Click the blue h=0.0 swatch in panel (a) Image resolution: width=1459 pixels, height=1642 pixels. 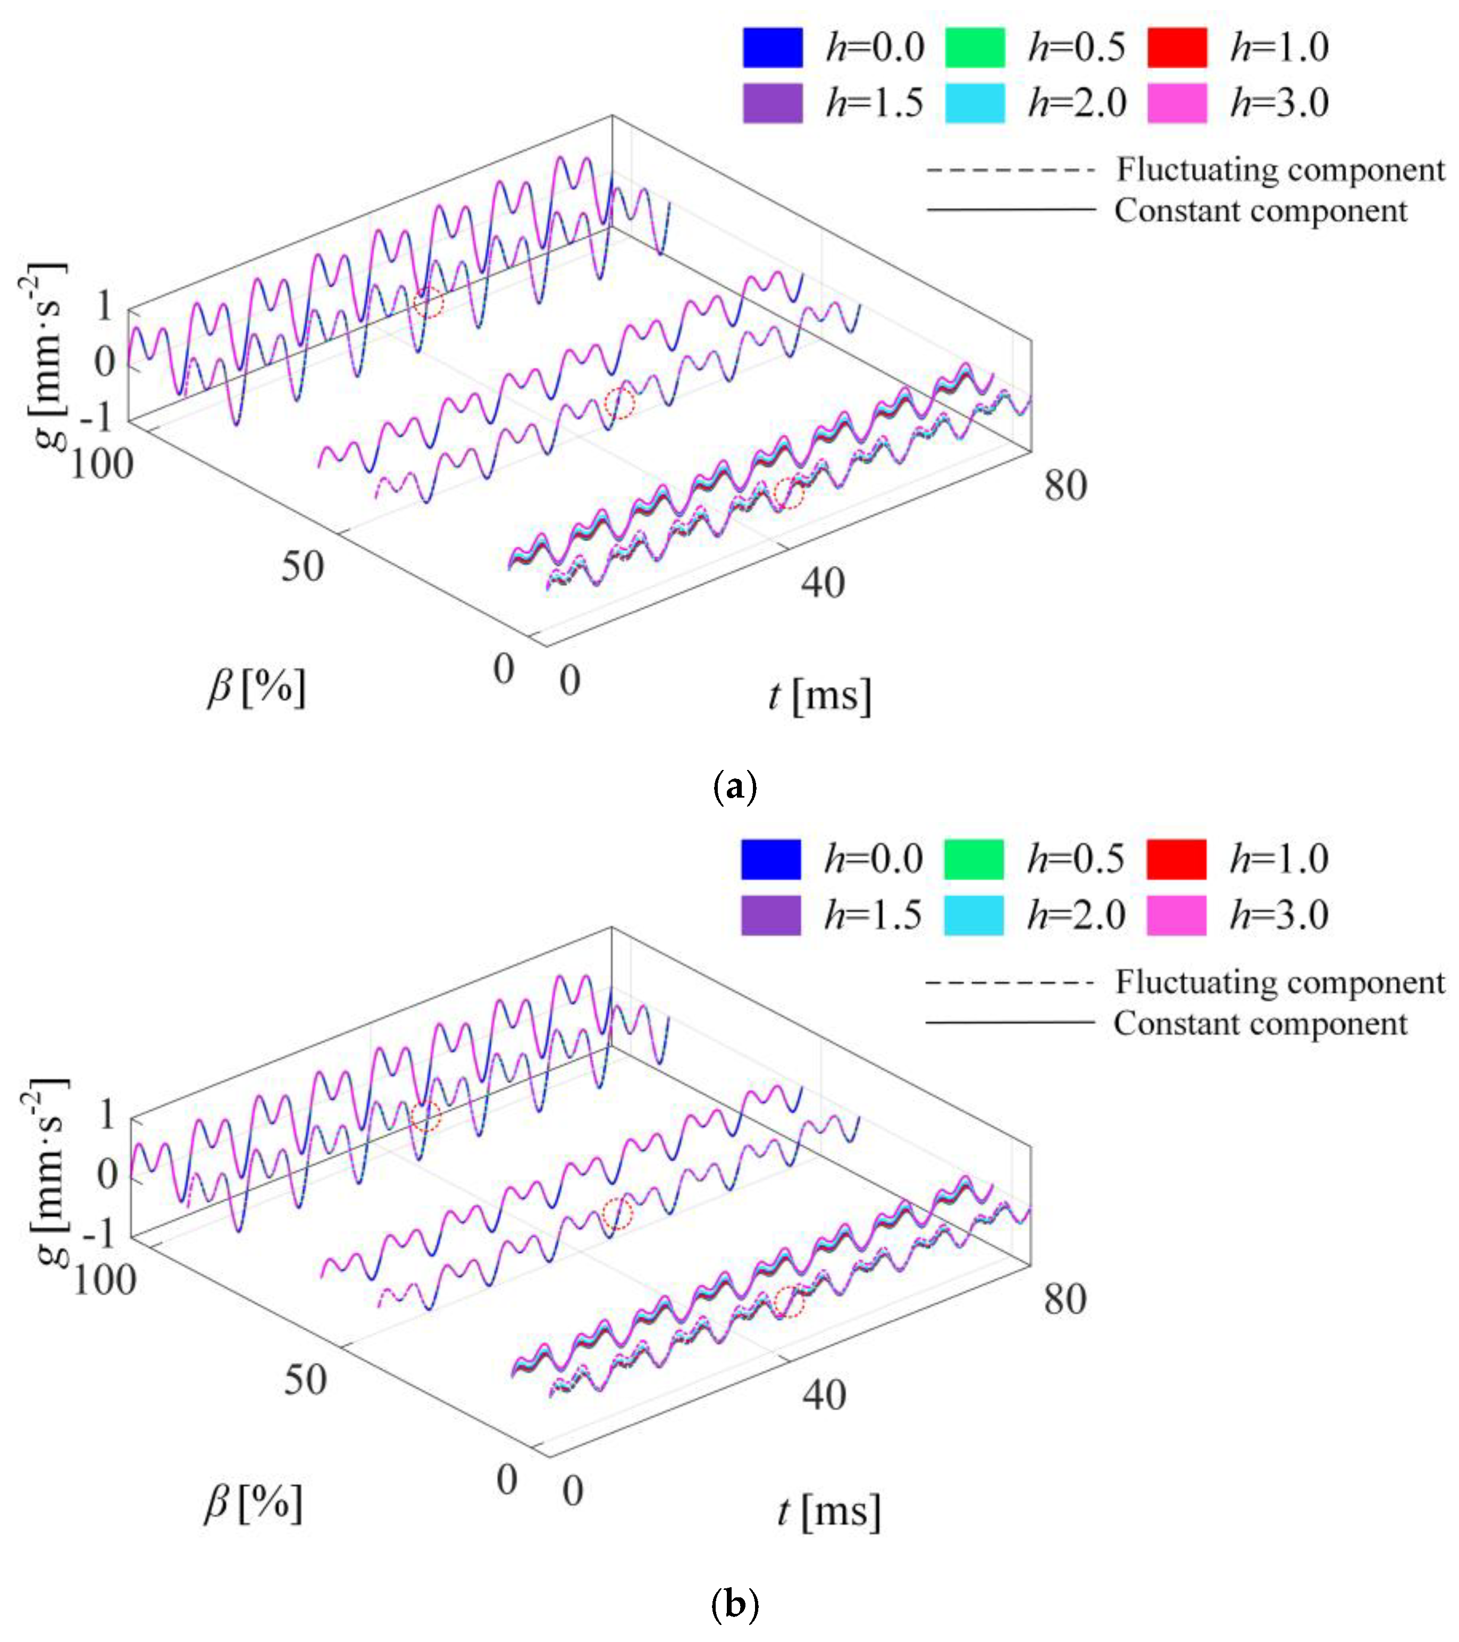point(772,47)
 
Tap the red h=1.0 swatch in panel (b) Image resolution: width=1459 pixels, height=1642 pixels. point(1176,859)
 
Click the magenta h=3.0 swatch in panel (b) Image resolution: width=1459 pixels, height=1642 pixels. point(1176,915)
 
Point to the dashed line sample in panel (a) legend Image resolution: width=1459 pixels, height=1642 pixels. point(1010,170)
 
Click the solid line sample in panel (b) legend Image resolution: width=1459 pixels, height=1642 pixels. point(1010,1023)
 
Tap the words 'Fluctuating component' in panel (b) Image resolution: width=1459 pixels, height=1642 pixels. point(1279,982)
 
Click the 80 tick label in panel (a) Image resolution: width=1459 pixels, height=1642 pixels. point(1066,486)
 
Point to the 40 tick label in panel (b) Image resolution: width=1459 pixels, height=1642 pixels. point(824,1395)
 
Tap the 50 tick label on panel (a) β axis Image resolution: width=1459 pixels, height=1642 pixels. point(302,566)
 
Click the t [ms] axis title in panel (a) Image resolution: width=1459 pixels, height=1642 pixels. point(819,696)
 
